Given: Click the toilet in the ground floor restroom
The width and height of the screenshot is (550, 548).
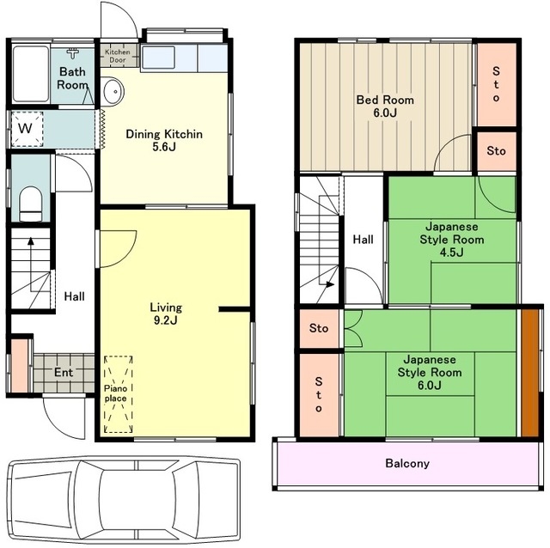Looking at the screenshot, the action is coord(30,204).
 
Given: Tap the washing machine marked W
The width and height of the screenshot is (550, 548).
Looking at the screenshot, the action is coord(27,129).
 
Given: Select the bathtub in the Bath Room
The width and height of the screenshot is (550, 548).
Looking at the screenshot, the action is coord(31,74).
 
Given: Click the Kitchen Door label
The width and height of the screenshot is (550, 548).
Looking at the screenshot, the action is coord(118,56).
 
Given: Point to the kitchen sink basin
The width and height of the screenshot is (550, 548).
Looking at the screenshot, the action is coord(158,58).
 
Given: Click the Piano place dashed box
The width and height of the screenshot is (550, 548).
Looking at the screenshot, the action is coord(119,394).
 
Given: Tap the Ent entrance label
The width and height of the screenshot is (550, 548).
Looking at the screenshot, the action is coord(64,372).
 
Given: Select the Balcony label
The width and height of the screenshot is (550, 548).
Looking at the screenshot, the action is coord(406,463).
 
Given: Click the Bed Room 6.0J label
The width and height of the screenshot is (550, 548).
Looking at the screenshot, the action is coord(385,107).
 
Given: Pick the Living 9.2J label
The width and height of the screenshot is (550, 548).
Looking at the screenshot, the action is coord(166,314).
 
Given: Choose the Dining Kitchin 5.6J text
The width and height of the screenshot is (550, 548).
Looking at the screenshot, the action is coord(164,140).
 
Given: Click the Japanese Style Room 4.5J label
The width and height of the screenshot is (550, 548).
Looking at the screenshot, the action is coord(452,240).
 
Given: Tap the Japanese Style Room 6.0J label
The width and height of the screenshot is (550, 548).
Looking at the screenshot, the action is coord(430,372).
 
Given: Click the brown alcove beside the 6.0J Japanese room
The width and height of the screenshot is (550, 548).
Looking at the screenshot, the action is coord(529,373).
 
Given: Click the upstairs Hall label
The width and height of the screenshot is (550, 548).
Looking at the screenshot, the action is coord(363,240).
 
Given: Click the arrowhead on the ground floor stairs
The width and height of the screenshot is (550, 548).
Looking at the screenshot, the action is coord(31,241).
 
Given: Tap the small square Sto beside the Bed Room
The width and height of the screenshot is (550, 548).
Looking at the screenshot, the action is coord(496,151).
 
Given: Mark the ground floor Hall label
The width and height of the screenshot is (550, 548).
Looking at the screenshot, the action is coord(75,296).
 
